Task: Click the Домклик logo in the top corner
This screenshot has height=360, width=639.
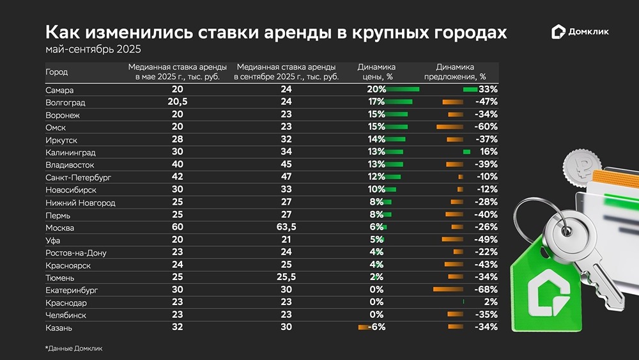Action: (580, 32)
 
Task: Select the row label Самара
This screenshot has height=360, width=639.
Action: (59, 90)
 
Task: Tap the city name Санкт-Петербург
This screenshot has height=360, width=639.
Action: (78, 178)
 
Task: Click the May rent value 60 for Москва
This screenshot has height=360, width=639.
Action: (177, 228)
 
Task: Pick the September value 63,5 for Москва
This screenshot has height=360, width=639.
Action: (286, 228)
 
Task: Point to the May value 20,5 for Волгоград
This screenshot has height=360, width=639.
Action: (177, 102)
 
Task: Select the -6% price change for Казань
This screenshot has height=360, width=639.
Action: (375, 327)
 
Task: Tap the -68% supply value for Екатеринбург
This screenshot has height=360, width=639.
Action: (486, 290)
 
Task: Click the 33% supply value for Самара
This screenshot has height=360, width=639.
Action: (488, 90)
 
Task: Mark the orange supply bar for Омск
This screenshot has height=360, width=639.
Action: (450, 127)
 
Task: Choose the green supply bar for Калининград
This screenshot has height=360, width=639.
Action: (466, 152)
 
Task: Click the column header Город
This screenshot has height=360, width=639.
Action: (56, 72)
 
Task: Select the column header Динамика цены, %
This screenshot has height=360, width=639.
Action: (376, 72)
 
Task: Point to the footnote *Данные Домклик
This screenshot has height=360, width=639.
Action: (73, 348)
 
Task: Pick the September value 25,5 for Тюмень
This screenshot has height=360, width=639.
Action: (286, 278)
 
